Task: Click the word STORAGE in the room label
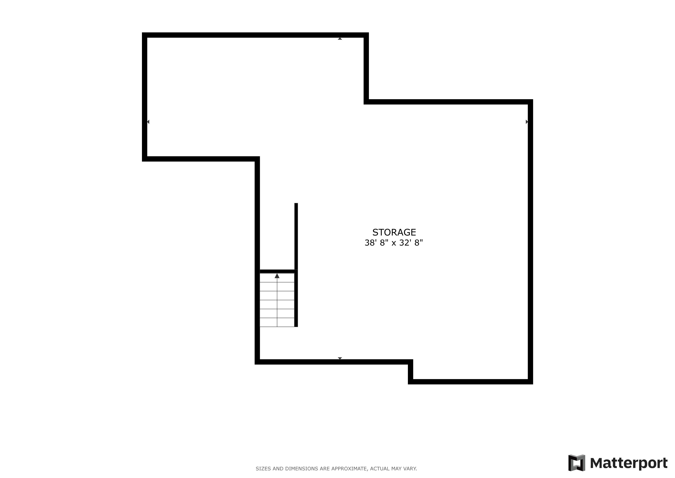click(x=394, y=232)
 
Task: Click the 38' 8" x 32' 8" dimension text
click(x=394, y=243)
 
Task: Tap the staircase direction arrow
click(x=277, y=276)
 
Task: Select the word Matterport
click(x=629, y=463)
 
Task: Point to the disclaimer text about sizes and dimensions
click(x=336, y=469)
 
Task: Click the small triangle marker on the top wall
click(x=340, y=39)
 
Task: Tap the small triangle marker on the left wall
click(x=148, y=122)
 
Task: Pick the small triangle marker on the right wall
click(x=527, y=122)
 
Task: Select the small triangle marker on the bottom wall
click(x=340, y=358)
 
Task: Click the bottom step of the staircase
click(x=277, y=322)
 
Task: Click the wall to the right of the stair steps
click(x=296, y=298)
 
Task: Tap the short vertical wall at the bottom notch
click(x=410, y=372)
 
